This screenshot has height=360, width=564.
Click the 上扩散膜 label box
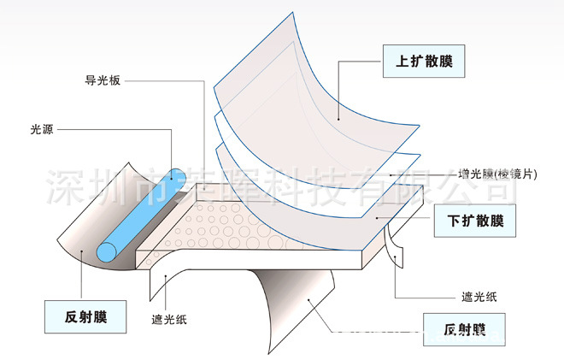(x=416, y=62)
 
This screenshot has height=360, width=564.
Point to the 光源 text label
(x=41, y=131)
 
